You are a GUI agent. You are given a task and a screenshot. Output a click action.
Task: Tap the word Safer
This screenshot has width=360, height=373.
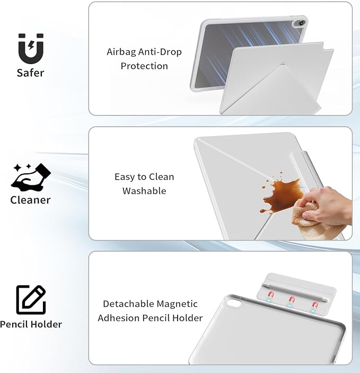[x=30, y=73]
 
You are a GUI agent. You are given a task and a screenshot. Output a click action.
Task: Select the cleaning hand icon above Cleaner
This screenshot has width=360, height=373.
[x=31, y=177]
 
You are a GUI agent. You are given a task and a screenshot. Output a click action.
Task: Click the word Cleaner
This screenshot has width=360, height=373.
[x=30, y=200]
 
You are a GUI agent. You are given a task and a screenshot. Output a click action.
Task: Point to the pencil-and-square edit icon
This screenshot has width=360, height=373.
[x=31, y=300]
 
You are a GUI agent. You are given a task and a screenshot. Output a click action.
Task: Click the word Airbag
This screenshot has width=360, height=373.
[x=121, y=52]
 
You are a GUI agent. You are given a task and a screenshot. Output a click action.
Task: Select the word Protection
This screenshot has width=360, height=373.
[x=144, y=66]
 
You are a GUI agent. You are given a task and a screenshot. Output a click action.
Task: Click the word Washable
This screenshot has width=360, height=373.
[x=144, y=191]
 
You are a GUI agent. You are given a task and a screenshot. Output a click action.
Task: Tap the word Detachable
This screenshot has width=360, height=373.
[x=128, y=304]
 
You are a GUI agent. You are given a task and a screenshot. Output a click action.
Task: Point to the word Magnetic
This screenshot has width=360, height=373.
[x=177, y=304]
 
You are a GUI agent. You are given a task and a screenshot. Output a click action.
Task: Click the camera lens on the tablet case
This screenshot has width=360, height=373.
[x=302, y=23]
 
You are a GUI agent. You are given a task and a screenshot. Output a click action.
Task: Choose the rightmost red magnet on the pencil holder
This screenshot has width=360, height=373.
[x=315, y=305]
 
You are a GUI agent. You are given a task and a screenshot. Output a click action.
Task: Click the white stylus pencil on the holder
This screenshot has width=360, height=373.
[x=296, y=292]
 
